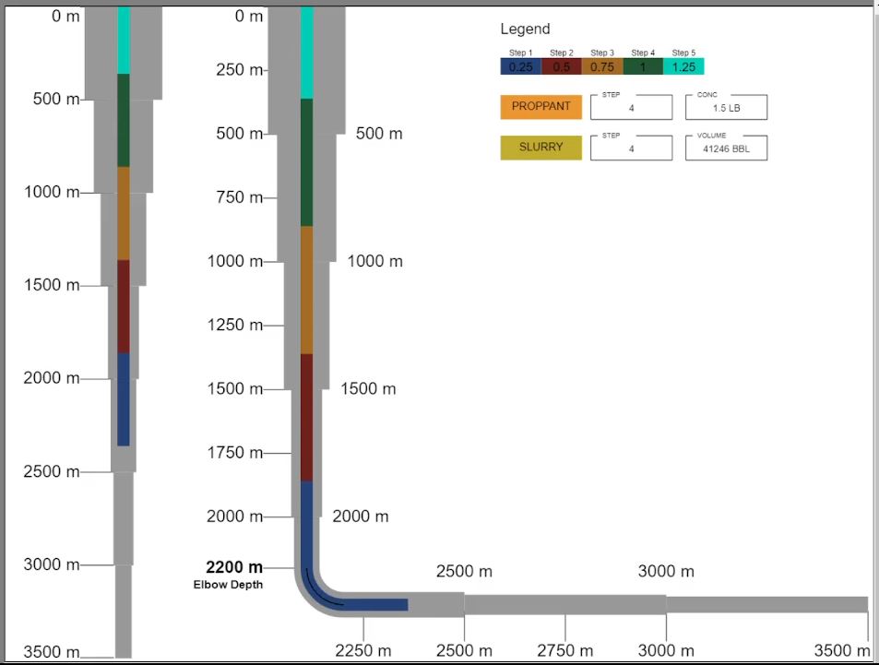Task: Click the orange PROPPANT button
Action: [x=541, y=106]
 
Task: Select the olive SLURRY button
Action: [x=541, y=148]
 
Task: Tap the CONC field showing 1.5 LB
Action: [x=726, y=107]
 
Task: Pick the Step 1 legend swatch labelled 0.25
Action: [x=520, y=66]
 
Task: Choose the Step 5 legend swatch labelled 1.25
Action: [x=683, y=66]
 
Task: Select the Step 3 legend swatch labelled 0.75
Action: [x=602, y=66]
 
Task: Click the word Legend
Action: [x=525, y=29]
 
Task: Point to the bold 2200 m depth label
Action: [x=234, y=567]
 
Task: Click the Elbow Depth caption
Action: [x=228, y=585]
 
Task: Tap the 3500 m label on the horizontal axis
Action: [x=842, y=651]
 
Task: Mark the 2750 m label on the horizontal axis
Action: [x=565, y=651]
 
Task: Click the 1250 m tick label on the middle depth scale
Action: [x=234, y=325]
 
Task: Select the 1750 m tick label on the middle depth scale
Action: [x=234, y=452]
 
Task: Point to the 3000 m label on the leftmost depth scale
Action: [x=52, y=564]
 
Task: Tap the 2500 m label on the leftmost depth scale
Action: [x=52, y=471]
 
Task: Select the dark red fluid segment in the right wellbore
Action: [x=307, y=417]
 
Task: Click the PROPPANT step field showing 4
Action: [x=632, y=107]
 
